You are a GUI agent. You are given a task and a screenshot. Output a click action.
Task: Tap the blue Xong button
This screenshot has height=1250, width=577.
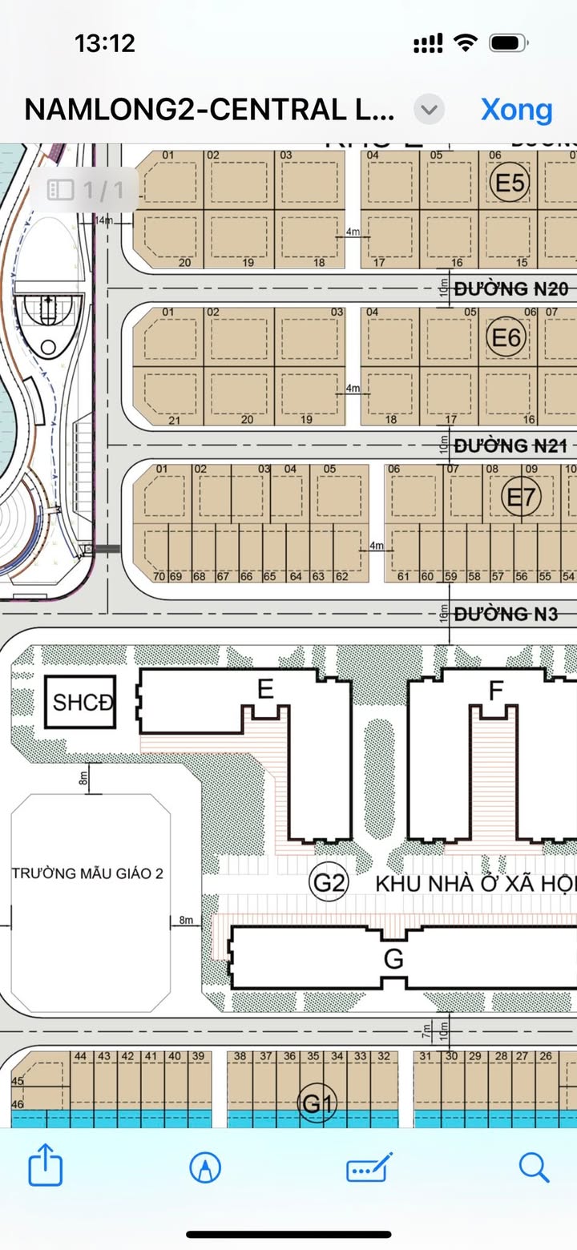(516, 110)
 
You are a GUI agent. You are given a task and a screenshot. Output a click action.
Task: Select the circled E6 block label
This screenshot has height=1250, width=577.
(506, 338)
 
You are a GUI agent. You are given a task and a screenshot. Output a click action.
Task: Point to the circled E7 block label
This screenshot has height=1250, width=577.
(521, 498)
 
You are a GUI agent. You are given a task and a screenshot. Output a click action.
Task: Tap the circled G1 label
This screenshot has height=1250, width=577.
(317, 1105)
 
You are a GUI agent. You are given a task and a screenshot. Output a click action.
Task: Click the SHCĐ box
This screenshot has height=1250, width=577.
(83, 703)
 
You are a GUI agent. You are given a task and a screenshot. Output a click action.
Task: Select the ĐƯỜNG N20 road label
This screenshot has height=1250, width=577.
(511, 288)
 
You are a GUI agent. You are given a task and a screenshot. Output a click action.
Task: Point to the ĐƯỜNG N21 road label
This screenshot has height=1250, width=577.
(511, 446)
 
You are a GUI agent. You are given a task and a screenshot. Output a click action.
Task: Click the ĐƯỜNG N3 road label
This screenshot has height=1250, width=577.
(505, 615)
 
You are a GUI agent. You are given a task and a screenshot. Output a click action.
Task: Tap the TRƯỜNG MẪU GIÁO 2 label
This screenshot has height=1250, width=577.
(87, 873)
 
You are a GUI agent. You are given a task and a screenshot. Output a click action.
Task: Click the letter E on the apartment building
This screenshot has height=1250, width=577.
(265, 689)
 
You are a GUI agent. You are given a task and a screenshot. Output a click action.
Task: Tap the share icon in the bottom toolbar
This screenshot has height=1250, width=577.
(46, 1167)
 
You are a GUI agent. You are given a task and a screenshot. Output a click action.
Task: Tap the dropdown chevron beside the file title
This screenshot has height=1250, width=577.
(430, 110)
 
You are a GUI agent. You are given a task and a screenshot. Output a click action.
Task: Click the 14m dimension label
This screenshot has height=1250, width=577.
(104, 220)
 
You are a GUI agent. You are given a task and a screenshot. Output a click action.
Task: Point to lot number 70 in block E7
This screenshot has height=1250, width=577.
(158, 576)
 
